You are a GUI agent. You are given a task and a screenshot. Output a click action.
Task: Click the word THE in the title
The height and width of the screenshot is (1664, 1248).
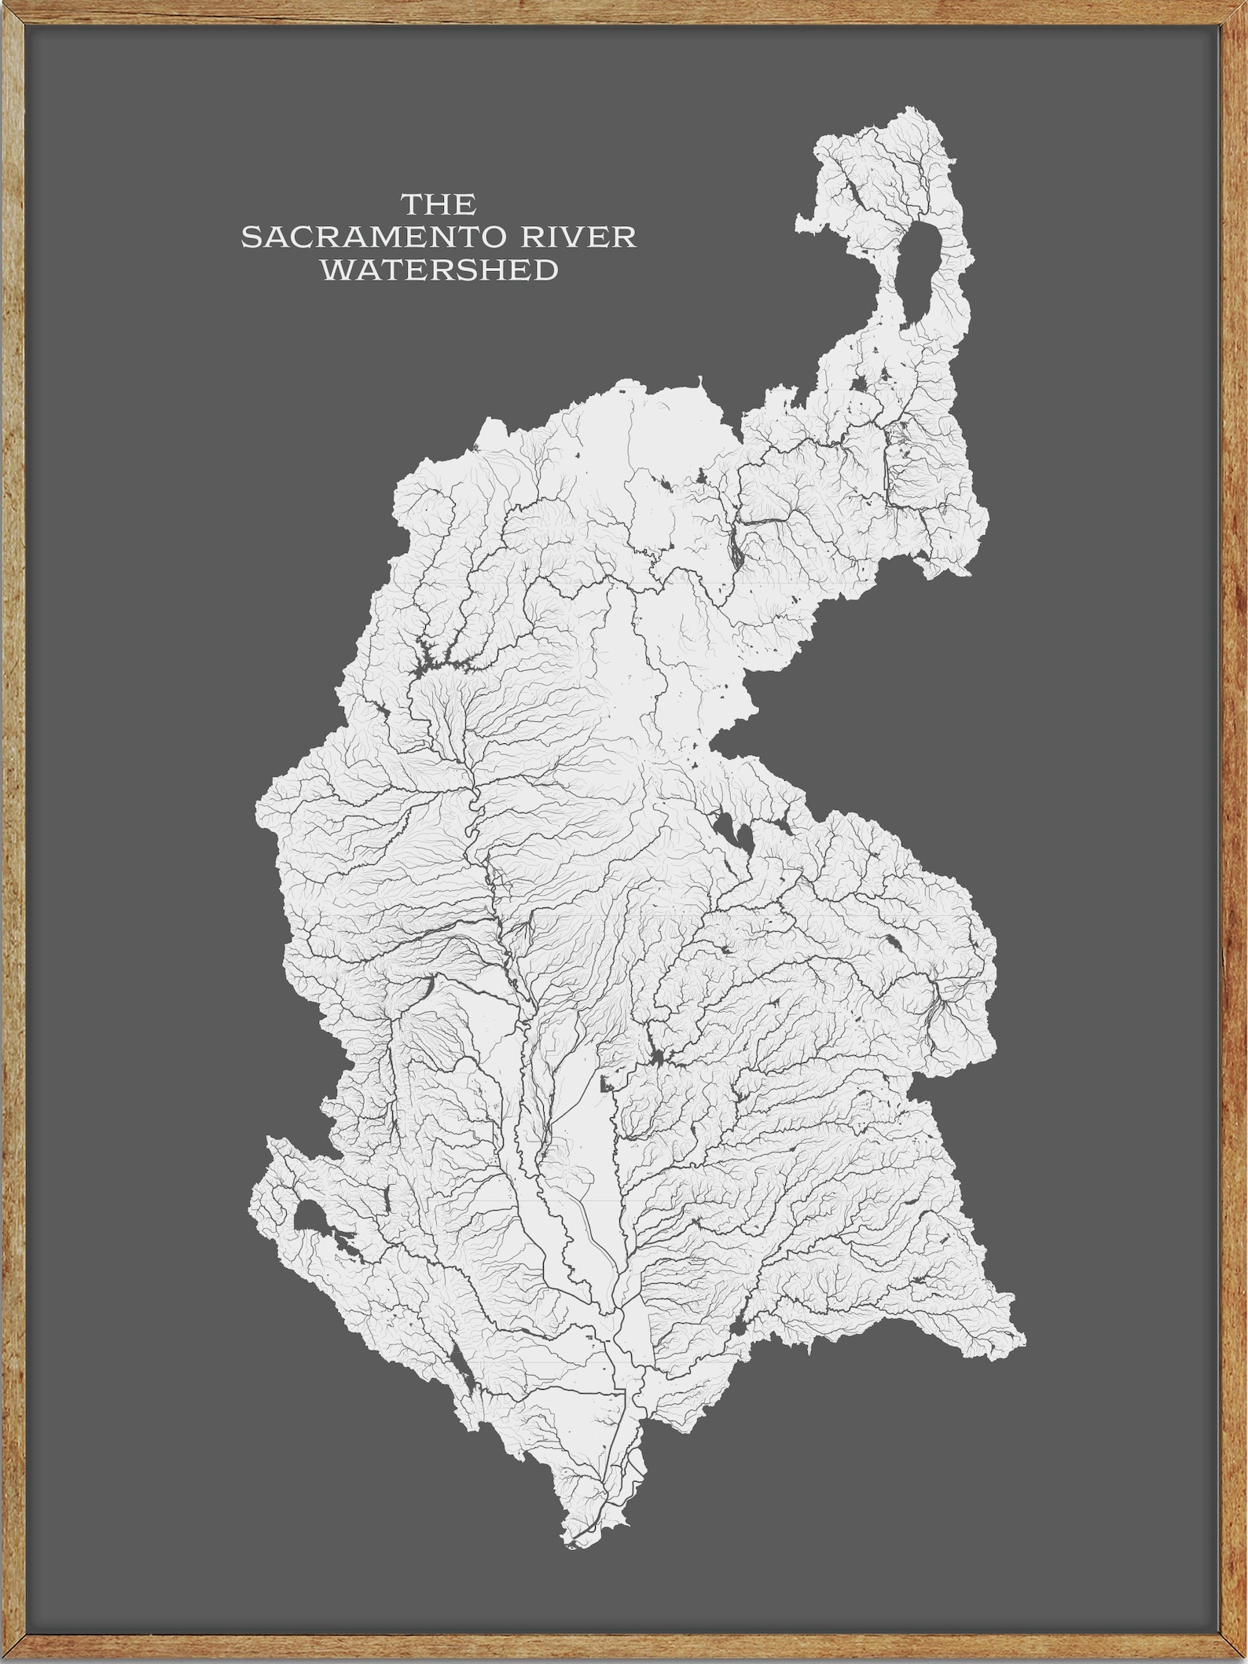(439, 205)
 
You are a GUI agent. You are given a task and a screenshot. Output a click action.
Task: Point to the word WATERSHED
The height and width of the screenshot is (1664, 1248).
(440, 270)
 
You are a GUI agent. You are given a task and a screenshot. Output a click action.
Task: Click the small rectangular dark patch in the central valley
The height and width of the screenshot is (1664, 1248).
(605, 1086)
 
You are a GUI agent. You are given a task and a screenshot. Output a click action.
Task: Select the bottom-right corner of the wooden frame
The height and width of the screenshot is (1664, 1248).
(1242, 1659)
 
